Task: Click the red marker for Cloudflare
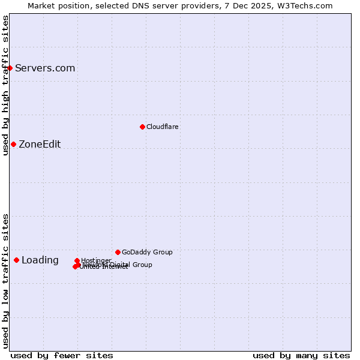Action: click(142, 127)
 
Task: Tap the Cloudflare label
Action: click(163, 127)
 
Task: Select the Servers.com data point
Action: click(10, 68)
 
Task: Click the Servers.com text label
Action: click(45, 68)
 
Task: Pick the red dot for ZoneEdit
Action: click(13, 144)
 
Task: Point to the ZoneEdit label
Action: click(40, 145)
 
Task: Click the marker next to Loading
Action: click(16, 260)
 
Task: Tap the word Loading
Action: click(40, 260)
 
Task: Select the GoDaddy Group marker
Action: click(118, 252)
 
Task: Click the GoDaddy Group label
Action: click(147, 253)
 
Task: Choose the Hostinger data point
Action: click(77, 260)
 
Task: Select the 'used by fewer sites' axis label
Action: click(62, 355)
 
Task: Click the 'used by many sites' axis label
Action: click(301, 355)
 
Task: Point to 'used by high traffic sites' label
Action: click(5, 85)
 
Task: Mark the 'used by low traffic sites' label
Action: click(5, 281)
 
